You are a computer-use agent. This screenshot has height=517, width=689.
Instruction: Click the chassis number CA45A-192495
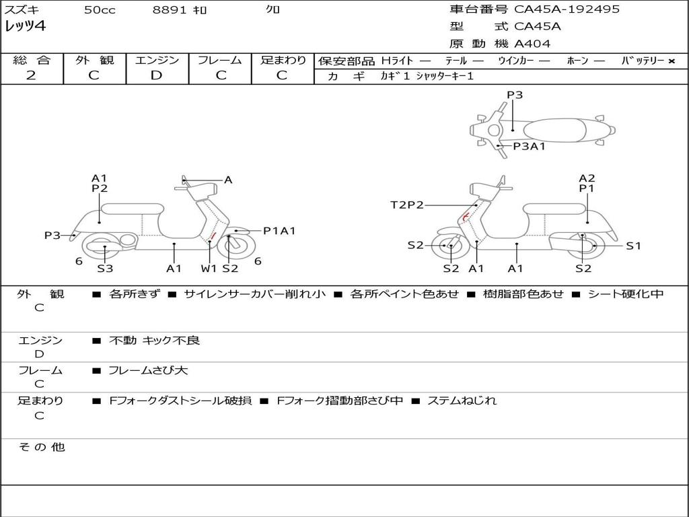(567, 9)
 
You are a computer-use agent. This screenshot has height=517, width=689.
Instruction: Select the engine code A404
(532, 44)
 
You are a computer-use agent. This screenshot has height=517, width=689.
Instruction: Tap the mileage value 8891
(166, 10)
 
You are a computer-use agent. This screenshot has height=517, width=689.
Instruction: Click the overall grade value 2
(31, 75)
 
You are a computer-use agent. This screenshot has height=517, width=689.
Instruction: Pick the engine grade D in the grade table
(156, 75)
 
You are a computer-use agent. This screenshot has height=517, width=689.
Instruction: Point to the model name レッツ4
(26, 27)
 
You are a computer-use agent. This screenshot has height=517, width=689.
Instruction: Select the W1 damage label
(209, 269)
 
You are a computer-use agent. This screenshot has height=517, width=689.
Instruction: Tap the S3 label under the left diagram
(105, 269)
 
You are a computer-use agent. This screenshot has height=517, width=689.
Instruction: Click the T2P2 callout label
(407, 205)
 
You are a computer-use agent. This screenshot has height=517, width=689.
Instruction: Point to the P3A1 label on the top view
(529, 146)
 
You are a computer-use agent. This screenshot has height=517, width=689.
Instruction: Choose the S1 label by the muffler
(633, 246)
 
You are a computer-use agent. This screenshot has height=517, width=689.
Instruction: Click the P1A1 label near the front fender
(279, 231)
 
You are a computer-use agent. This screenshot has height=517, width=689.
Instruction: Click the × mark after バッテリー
(671, 61)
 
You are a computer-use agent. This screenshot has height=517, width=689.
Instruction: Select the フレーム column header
(219, 61)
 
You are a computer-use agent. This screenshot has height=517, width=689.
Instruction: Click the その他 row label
(41, 447)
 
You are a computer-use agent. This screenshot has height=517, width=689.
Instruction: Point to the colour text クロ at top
(273, 10)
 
